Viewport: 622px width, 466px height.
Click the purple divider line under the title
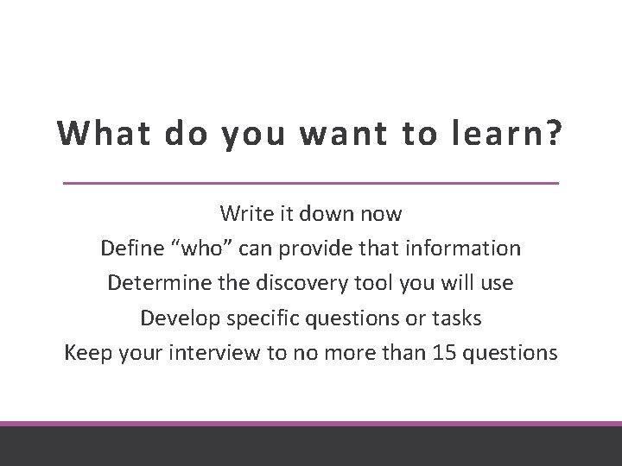[x=311, y=183]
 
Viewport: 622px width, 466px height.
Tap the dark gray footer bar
[x=311, y=447]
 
